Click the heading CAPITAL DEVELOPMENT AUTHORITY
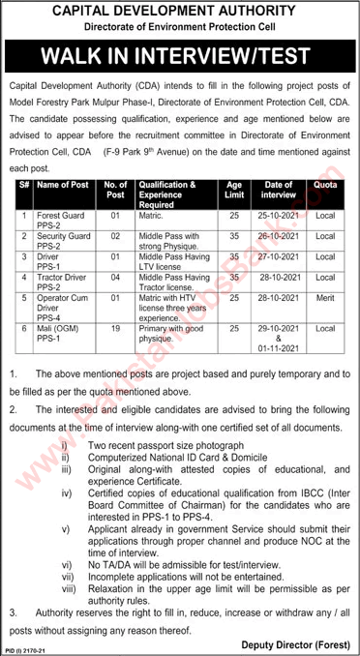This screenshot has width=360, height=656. [x=179, y=12]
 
